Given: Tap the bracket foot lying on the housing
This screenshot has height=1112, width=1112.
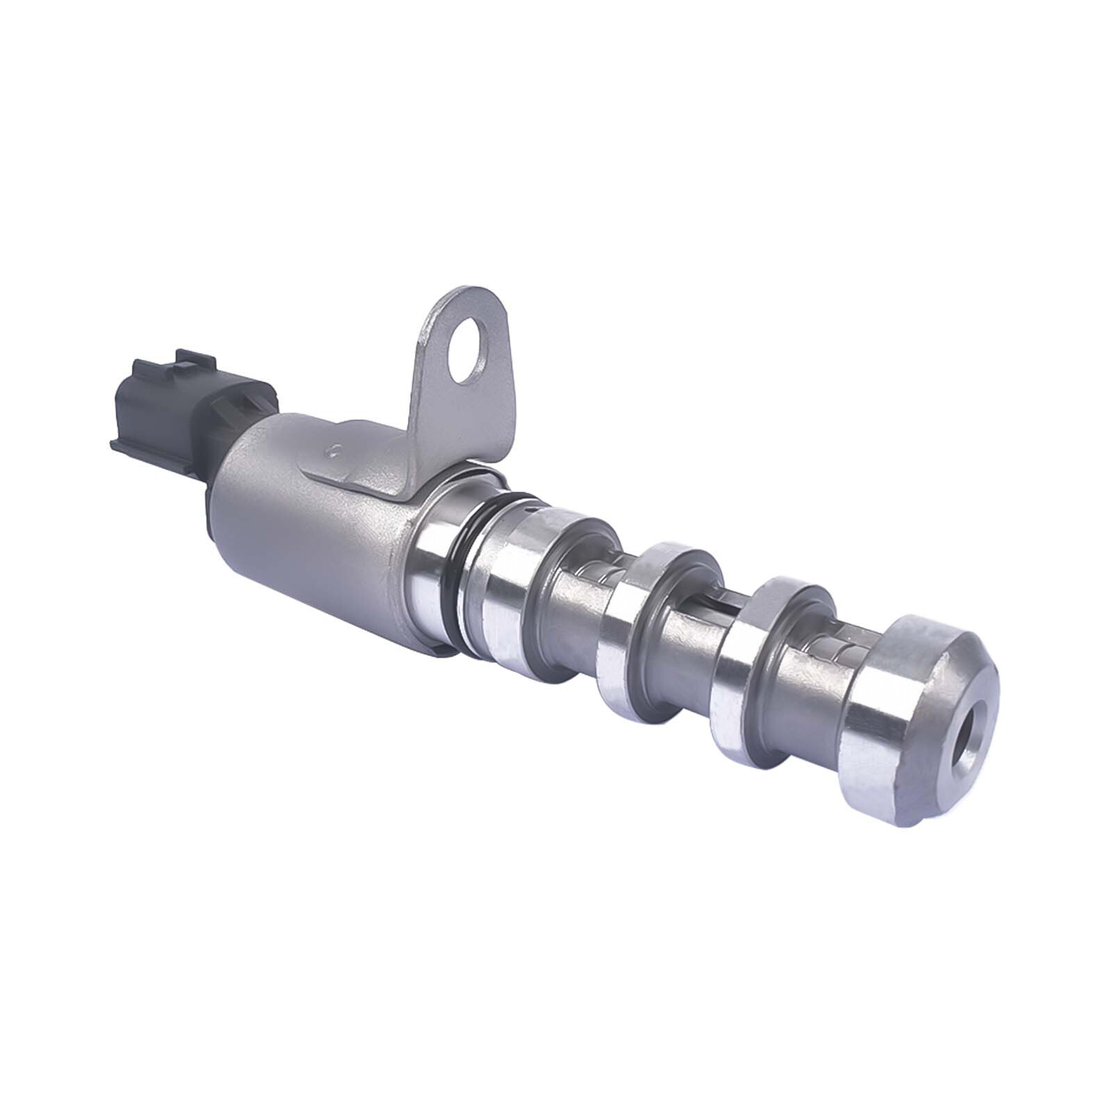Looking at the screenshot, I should (361, 473).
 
